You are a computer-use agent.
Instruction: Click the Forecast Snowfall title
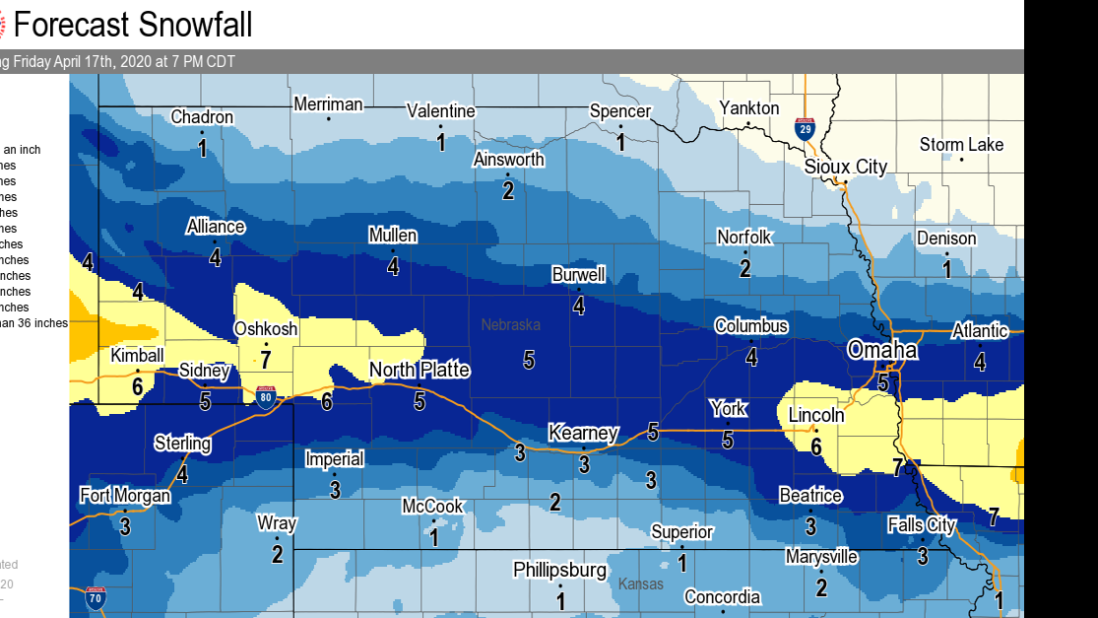click(132, 24)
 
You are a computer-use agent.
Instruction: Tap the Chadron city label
click(202, 117)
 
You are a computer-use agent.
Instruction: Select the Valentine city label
click(441, 111)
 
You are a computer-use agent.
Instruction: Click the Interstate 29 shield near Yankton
click(805, 128)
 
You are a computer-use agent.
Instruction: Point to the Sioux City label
click(845, 167)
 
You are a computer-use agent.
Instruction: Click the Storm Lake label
click(961, 145)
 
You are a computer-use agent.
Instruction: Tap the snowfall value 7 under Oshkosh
click(266, 359)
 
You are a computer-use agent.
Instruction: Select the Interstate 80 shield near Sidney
click(265, 393)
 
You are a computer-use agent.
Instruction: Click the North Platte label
click(419, 371)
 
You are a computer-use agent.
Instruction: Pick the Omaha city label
click(882, 350)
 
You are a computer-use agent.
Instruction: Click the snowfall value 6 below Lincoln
click(815, 446)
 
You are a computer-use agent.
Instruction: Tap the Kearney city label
click(583, 433)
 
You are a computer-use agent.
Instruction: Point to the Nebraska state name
click(510, 324)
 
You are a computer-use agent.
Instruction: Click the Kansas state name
click(640, 584)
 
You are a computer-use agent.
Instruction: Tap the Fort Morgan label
click(125, 496)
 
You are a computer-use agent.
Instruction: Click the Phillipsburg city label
click(559, 570)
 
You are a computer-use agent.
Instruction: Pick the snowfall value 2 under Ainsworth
click(508, 190)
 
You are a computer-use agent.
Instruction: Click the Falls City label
click(921, 525)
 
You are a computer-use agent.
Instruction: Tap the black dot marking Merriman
click(329, 119)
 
